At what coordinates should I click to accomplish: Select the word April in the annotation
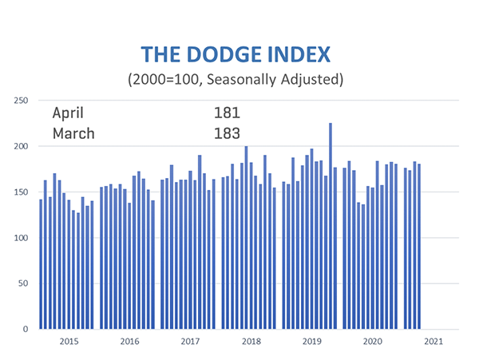pyautogui.click(x=68, y=113)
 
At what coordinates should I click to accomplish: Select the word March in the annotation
pyautogui.click(x=73, y=133)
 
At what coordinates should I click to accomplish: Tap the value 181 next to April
pyautogui.click(x=227, y=113)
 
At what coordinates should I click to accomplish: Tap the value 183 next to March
pyautogui.click(x=227, y=133)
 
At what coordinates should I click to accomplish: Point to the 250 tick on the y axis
pyautogui.click(x=22, y=101)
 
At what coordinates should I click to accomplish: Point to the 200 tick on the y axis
pyautogui.click(x=22, y=147)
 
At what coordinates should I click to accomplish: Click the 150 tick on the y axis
pyautogui.click(x=22, y=192)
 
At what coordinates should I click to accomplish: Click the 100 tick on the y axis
pyautogui.click(x=22, y=238)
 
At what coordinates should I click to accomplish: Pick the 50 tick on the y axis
pyautogui.click(x=24, y=283)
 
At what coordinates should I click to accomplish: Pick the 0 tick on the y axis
pyautogui.click(x=26, y=329)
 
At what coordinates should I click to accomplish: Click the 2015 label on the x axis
pyautogui.click(x=69, y=342)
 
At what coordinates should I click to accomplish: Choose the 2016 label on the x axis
pyautogui.click(x=129, y=342)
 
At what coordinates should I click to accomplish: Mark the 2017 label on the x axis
pyautogui.click(x=190, y=342)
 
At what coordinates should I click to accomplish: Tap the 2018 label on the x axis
pyautogui.click(x=251, y=342)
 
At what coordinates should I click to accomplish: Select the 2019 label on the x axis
pyautogui.click(x=311, y=342)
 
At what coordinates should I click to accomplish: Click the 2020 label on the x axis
pyautogui.click(x=372, y=342)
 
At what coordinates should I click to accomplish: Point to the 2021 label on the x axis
pyautogui.click(x=433, y=342)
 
